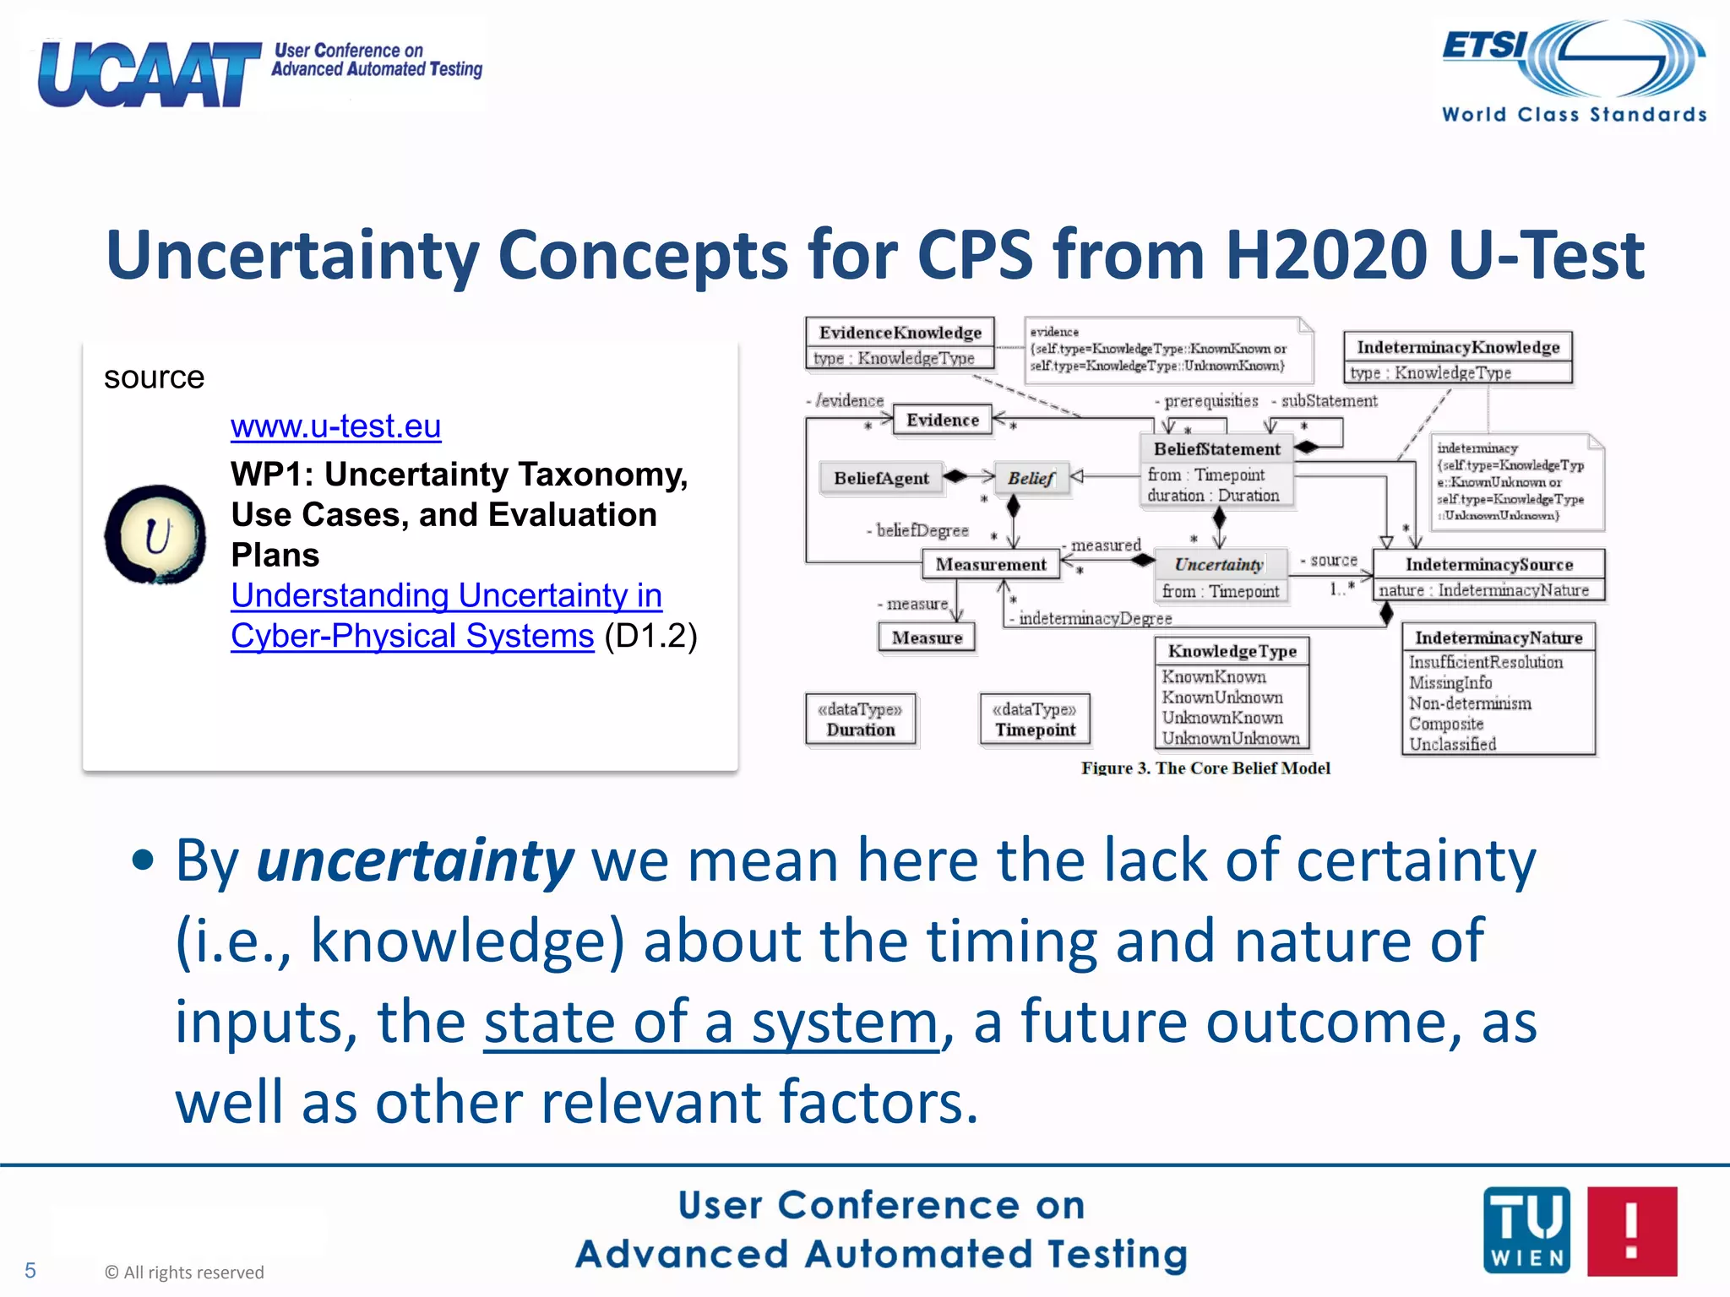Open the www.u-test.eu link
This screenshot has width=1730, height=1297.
[x=335, y=426]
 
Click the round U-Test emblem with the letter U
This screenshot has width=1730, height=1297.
[x=155, y=535]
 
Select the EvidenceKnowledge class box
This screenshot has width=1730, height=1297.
[x=900, y=343]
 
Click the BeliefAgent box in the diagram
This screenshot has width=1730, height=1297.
[x=881, y=478]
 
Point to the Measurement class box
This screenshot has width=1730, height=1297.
[x=991, y=564]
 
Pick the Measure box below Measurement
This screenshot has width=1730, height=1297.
[x=927, y=638]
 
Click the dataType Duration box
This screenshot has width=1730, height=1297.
[x=860, y=719]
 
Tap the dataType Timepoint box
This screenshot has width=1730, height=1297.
[x=1035, y=719]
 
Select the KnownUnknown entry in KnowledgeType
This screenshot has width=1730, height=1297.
[x=1221, y=697]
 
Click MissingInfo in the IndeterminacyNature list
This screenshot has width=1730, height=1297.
[x=1450, y=682]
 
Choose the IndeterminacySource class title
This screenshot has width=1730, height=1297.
[x=1488, y=564]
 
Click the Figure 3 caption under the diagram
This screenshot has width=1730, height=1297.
[x=1205, y=768]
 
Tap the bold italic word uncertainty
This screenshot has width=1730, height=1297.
[x=415, y=861]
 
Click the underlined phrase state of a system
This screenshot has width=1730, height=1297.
[x=710, y=1023]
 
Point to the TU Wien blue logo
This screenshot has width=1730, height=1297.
[x=1526, y=1230]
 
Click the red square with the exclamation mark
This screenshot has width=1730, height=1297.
[x=1631, y=1230]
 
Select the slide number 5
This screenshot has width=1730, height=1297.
[x=30, y=1270]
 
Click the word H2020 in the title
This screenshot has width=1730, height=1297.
[x=1326, y=255]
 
